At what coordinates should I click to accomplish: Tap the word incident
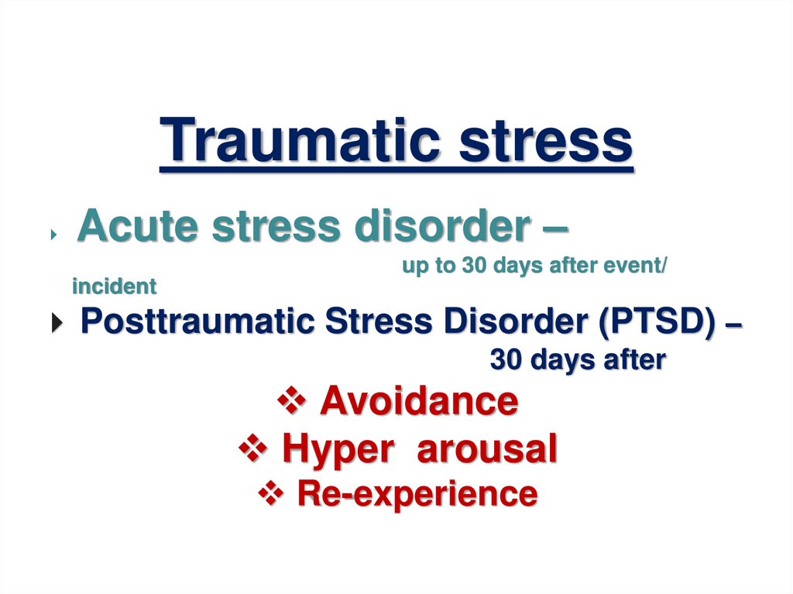[114, 287]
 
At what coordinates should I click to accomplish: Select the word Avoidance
[419, 401]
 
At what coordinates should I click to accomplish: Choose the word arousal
[487, 448]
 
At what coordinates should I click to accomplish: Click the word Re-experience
[417, 493]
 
